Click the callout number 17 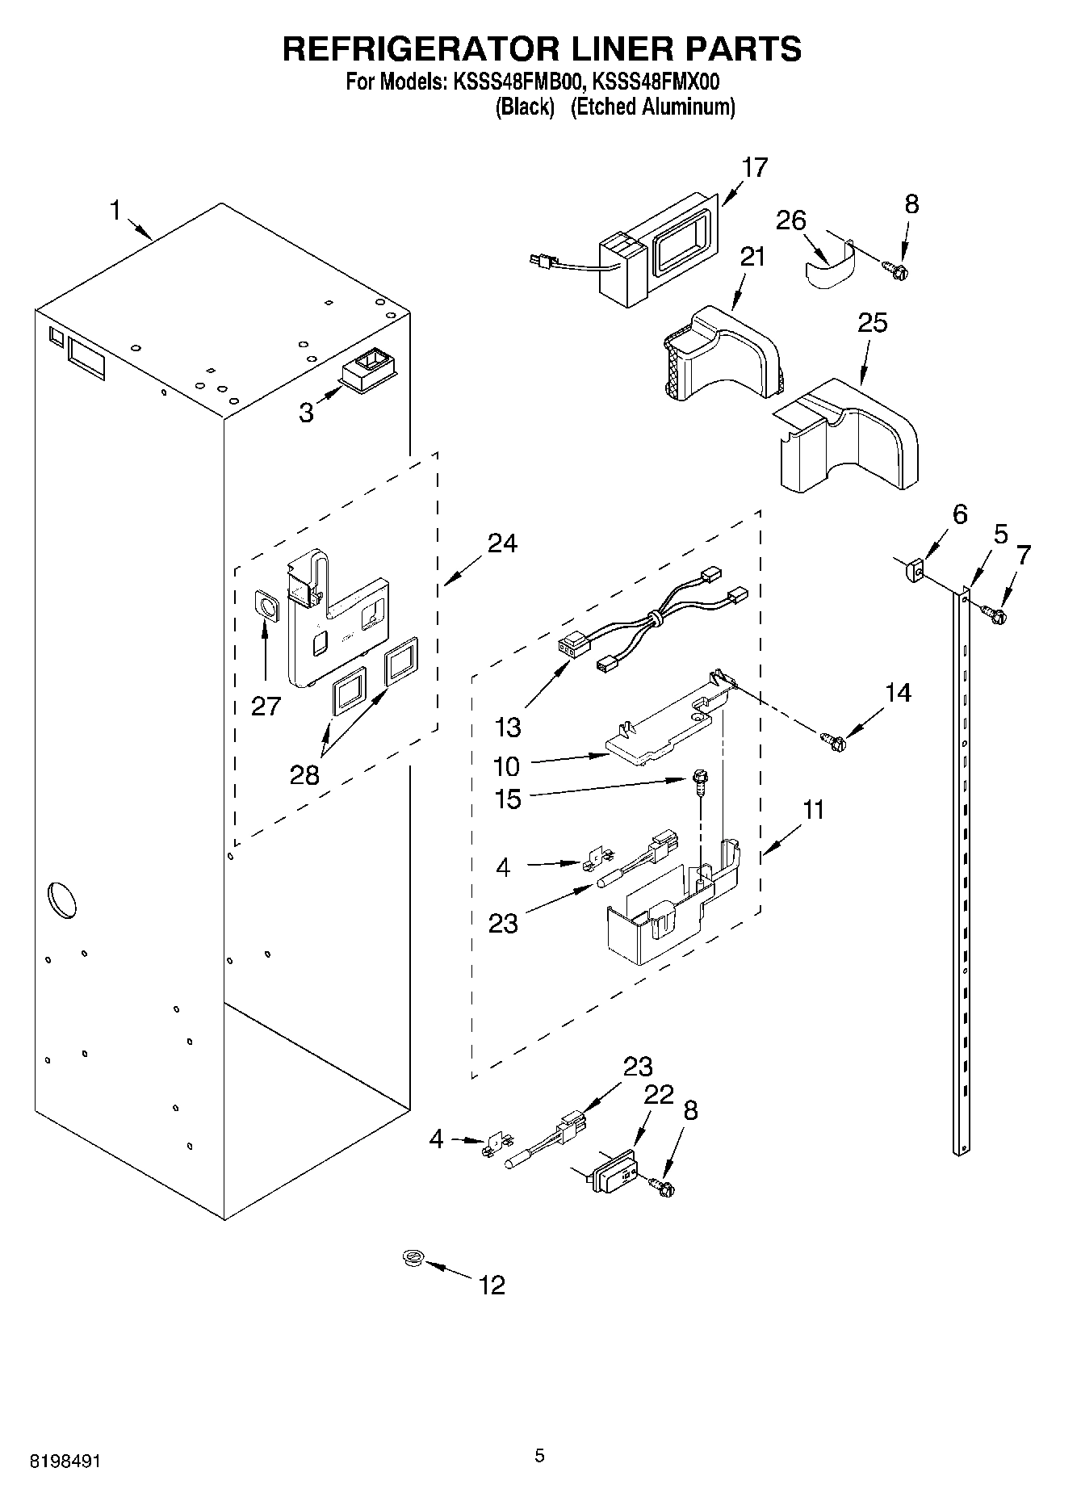755,167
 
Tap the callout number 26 791,220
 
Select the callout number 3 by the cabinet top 306,413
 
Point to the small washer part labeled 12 414,1257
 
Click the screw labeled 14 832,738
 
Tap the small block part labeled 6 913,571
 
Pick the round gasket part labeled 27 266,603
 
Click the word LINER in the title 618,48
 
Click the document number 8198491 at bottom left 65,1462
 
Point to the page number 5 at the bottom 539,1456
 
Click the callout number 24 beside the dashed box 501,543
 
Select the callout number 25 873,322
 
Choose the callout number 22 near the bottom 659,1095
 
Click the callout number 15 508,799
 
